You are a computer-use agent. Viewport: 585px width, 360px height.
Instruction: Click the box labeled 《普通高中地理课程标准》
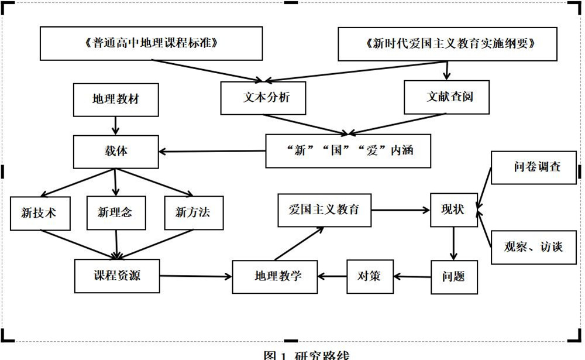coord(151,43)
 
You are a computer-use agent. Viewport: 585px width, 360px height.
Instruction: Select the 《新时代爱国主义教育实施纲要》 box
coord(448,44)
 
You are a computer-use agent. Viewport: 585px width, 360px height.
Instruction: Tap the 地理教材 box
coord(116,100)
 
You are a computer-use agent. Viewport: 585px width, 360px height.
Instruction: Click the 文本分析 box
coord(263,98)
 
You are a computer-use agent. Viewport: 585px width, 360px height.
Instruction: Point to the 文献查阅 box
coord(446,97)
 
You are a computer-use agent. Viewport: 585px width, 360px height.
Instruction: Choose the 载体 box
coord(116,152)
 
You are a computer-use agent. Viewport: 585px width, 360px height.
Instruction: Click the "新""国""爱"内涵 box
coord(348,151)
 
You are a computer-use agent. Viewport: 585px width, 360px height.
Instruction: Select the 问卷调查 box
coord(534,167)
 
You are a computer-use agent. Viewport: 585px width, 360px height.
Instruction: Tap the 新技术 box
coord(40,213)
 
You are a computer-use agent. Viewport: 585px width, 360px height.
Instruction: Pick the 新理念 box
coord(116,213)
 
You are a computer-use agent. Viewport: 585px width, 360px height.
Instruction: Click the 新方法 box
coord(194,213)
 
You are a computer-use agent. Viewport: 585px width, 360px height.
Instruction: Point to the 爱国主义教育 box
coord(324,210)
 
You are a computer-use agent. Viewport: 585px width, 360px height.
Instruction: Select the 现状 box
coord(454,210)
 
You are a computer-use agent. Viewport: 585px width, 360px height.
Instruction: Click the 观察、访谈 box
coord(534,247)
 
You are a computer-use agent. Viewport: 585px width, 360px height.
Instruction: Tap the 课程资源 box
coord(117,276)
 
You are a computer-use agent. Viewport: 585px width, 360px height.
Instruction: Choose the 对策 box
coord(370,277)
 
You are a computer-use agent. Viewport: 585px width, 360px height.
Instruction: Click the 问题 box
coord(454,277)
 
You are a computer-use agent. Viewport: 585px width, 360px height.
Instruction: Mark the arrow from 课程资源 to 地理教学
coord(196,276)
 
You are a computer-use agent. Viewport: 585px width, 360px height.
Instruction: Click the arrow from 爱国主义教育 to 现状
coord(401,210)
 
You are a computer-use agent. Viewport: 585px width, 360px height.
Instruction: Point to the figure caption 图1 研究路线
coord(307,355)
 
